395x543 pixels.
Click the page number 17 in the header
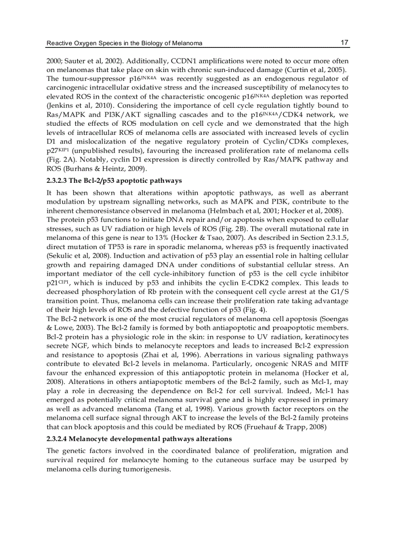[x=345, y=43]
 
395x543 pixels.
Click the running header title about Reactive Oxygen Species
[x=124, y=44]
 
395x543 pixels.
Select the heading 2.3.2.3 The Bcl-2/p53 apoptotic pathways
[x=114, y=180]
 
